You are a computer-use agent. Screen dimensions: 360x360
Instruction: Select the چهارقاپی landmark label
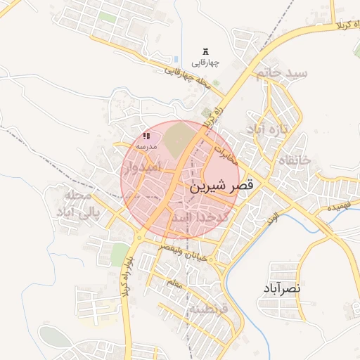(205, 63)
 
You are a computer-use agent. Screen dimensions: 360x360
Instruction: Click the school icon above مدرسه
(146, 136)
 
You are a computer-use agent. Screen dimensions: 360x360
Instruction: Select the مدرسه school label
(146, 146)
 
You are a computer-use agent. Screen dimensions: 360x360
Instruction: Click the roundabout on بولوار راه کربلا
(139, 238)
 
